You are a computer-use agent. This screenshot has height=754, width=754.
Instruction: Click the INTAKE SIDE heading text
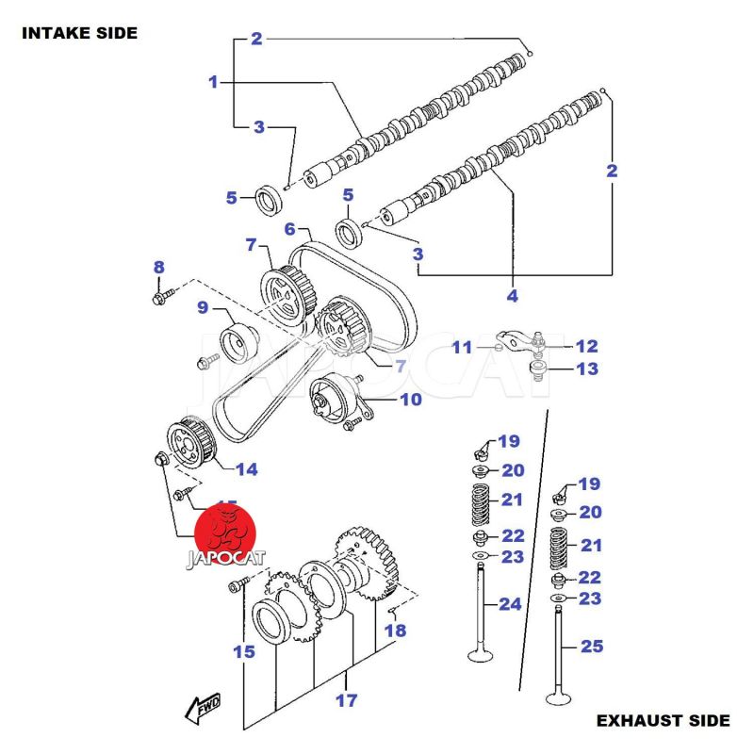(79, 33)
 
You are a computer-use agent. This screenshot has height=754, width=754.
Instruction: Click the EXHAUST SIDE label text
(663, 721)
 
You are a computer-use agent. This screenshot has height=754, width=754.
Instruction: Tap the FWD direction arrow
(203, 706)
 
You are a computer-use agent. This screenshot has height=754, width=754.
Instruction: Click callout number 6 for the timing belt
(290, 229)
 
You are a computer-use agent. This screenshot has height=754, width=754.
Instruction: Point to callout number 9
(203, 306)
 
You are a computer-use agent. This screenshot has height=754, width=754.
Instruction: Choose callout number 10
(410, 399)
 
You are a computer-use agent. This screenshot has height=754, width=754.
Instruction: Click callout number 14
(246, 469)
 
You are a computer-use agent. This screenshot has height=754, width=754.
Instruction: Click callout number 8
(158, 268)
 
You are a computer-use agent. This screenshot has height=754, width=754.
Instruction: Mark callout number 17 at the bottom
(346, 700)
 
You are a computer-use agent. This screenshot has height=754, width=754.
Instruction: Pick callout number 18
(395, 630)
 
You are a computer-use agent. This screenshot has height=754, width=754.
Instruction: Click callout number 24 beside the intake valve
(510, 603)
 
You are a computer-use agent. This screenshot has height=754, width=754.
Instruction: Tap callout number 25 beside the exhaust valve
(591, 647)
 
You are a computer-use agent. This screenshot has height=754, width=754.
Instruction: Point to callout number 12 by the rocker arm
(587, 346)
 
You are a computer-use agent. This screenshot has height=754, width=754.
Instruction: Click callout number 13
(587, 369)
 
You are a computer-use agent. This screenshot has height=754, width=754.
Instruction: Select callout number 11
(462, 348)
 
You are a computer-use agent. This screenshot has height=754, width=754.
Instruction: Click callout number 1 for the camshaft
(213, 82)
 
